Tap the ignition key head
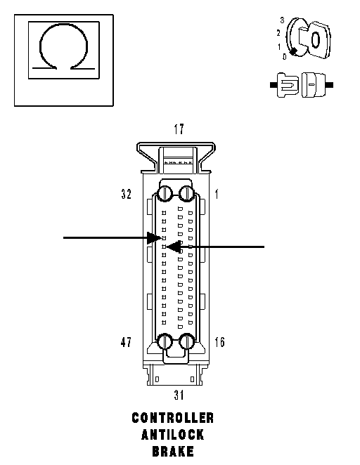coord(318,40)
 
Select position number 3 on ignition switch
coord(282,20)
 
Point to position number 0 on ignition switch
coord(284,56)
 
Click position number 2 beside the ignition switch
coord(278,33)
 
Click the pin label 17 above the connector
coord(179,129)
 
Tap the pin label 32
coord(126,195)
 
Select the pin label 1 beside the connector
coord(217,195)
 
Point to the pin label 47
coord(126,342)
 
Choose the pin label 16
coord(219,342)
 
